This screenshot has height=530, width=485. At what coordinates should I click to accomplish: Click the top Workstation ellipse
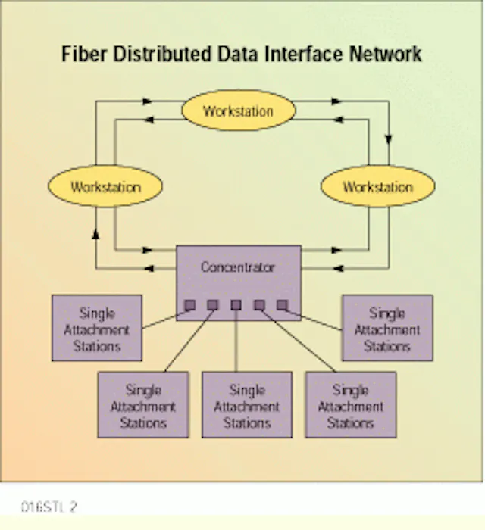(x=237, y=111)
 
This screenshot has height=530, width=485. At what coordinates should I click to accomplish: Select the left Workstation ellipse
(x=105, y=186)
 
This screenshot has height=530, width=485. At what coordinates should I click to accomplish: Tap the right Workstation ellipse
(x=377, y=186)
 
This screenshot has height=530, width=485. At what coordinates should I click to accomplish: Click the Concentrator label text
(x=237, y=267)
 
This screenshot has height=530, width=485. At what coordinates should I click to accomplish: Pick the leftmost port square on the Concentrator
(x=190, y=305)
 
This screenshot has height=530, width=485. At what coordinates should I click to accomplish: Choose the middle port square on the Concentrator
(x=236, y=305)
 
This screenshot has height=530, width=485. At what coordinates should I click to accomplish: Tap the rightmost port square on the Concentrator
(x=282, y=305)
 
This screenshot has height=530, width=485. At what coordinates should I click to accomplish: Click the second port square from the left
(x=213, y=305)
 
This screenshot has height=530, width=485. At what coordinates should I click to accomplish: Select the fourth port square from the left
(x=259, y=305)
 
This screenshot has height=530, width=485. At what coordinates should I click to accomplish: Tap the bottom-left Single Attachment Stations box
(x=143, y=406)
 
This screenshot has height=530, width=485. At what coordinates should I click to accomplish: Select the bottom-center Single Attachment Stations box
(x=246, y=406)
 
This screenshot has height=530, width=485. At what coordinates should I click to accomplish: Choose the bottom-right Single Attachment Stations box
(x=350, y=406)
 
